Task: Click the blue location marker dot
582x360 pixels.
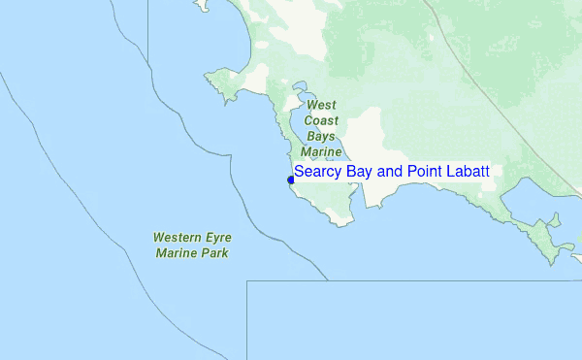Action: coord(291,180)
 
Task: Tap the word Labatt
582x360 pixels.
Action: coord(468,172)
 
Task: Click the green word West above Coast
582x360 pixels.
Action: coord(322,104)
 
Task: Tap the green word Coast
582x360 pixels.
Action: coord(322,120)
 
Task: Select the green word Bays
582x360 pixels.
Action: coord(322,137)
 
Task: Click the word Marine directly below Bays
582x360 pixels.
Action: coord(322,152)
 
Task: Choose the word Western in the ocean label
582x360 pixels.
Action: coord(177,238)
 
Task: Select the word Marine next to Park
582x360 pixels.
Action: coord(177,253)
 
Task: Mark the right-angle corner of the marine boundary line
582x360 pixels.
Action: coord(247,281)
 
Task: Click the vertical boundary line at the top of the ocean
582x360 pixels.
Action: coord(148,24)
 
